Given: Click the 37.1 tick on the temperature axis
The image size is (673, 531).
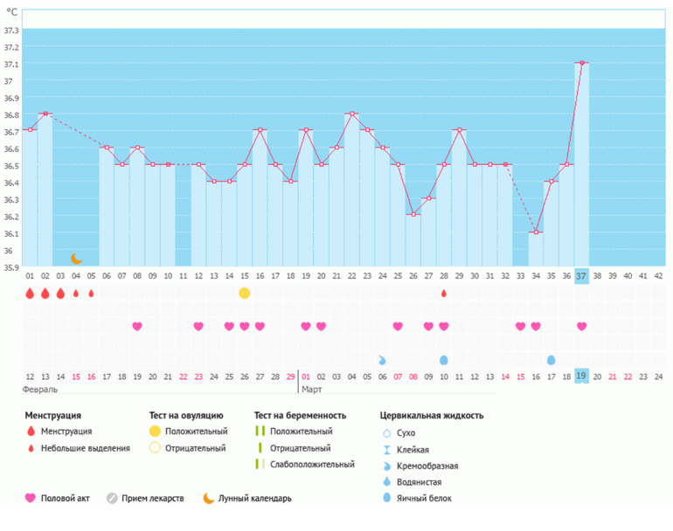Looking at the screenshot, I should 11,64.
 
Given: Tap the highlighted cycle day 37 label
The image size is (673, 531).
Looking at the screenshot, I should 581,275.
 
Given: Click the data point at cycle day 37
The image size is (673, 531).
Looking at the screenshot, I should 581,63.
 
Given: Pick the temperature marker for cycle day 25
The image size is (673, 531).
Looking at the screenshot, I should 398,164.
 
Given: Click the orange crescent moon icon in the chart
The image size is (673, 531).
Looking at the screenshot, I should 77,259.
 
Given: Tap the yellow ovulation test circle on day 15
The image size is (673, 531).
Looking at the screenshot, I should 245,293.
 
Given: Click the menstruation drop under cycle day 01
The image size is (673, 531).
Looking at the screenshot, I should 31,293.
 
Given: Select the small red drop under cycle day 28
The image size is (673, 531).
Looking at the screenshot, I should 444,293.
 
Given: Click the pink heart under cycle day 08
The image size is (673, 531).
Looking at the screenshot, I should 137,327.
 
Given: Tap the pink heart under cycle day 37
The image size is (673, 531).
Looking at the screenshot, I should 581,327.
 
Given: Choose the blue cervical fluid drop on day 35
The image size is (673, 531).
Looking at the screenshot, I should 551,360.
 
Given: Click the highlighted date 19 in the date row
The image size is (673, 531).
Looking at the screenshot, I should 581,376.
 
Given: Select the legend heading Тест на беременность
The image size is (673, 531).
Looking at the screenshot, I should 300,416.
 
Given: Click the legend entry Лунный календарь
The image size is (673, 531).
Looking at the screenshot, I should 255,499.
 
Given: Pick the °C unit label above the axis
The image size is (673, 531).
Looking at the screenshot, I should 12,13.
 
